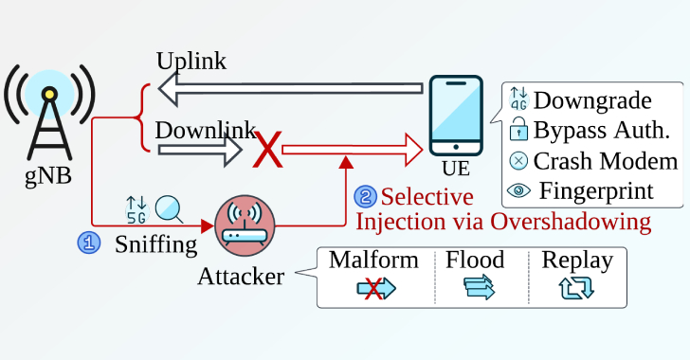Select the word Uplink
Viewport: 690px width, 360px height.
pos(191,62)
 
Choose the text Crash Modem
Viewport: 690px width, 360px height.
pos(606,160)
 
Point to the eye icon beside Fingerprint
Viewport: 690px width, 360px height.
pos(518,190)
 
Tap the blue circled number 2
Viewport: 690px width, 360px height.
pos(365,197)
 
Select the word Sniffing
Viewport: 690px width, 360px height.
pos(155,244)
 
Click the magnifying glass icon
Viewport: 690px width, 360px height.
pos(169,207)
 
